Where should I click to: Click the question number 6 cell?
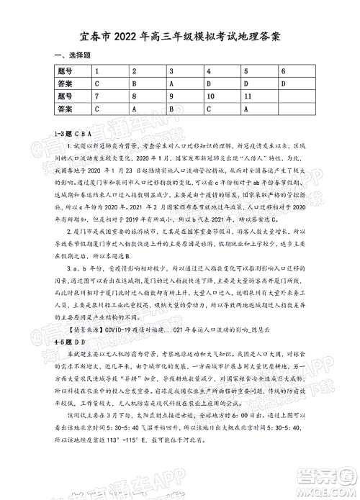tap(284, 71)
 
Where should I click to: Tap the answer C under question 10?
tap(209, 108)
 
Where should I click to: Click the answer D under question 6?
tap(284, 83)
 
